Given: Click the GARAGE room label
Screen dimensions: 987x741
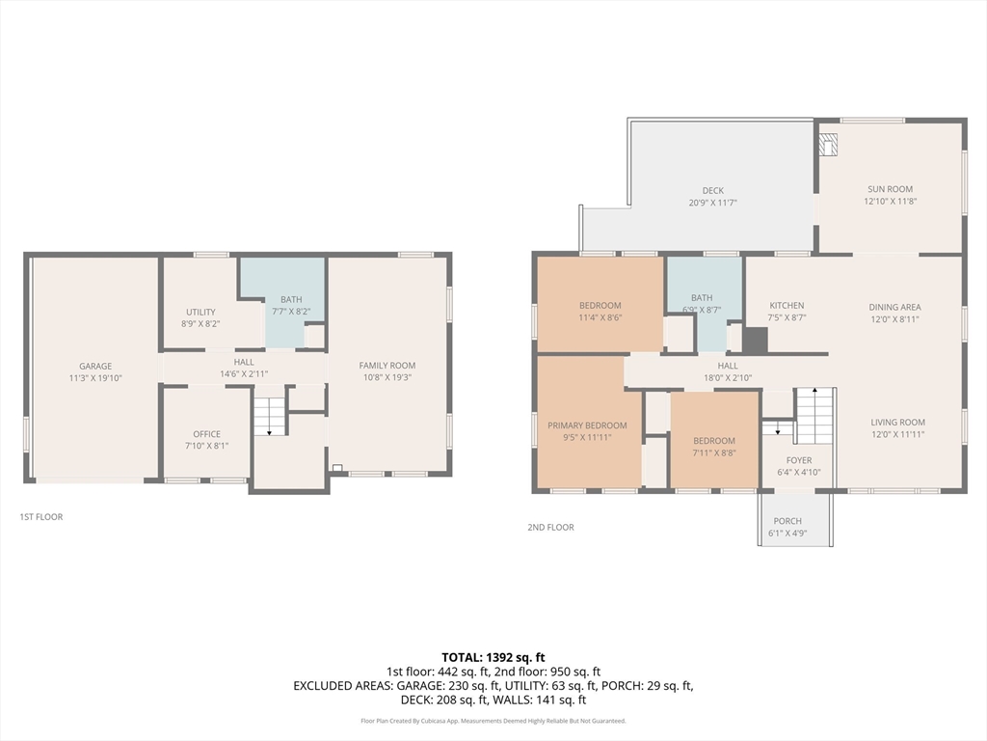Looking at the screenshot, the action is tap(95, 366).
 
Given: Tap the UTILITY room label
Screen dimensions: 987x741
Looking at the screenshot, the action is tap(200, 312).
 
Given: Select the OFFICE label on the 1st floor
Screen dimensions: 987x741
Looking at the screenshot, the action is tap(206, 434).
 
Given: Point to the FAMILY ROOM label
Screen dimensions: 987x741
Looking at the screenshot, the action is tap(387, 366).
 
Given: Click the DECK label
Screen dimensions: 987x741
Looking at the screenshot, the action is tap(713, 190).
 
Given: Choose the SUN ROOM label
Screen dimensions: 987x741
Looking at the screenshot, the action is tap(890, 189).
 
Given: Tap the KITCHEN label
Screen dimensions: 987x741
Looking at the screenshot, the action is tap(787, 306).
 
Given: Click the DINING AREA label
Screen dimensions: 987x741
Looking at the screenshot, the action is tap(894, 308).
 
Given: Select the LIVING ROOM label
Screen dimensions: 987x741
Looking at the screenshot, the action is tap(897, 423).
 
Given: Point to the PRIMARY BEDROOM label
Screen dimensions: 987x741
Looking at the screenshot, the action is tap(587, 425).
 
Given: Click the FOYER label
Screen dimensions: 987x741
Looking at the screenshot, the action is tap(799, 460).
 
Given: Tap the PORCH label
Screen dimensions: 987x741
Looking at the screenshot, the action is tap(787, 521).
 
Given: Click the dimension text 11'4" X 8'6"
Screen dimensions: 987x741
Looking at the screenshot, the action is tap(600, 317).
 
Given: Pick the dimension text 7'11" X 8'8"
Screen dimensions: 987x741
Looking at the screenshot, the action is tap(714, 453).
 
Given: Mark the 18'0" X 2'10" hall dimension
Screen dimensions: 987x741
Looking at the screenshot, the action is tap(728, 378).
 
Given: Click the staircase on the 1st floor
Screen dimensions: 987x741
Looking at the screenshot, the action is tap(270, 417).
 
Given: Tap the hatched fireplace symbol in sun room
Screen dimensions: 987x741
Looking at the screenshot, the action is tap(828, 144).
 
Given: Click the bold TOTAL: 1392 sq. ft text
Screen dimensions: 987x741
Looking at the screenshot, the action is tap(493, 658).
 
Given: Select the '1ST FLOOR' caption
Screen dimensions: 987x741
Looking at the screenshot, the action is tap(40, 517).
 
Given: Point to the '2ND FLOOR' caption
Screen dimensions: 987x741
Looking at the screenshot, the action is tap(550, 528).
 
